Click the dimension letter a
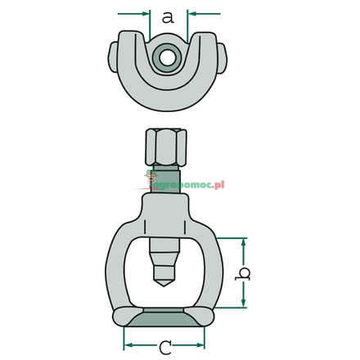pos(169,16)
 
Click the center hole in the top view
pos(168,57)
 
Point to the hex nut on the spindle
pos(167,148)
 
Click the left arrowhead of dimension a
pos(146,14)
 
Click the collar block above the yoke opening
pos(167,209)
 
